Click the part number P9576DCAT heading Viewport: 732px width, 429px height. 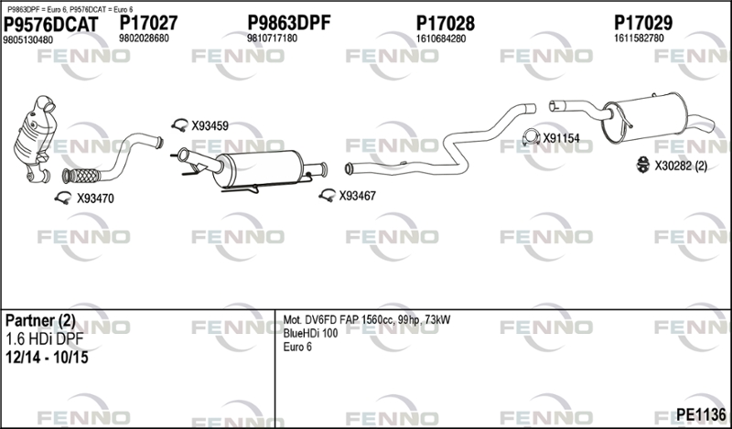[51, 25]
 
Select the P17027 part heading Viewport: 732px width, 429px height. [148, 23]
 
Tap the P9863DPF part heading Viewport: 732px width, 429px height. [288, 22]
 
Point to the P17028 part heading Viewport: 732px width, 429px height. [446, 24]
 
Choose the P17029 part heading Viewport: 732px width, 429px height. [643, 22]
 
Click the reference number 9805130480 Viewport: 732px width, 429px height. [28, 40]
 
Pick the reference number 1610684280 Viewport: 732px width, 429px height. [441, 38]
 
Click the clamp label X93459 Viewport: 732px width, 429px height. [210, 126]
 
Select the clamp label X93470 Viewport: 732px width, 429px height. [95, 198]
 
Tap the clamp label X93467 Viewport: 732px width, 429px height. [357, 196]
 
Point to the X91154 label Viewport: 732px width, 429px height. [561, 138]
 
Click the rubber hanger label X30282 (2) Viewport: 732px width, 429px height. [681, 166]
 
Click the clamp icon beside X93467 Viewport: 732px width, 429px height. [328, 195]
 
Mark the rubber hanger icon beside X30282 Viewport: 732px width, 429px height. [643, 165]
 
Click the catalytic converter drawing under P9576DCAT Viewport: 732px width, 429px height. [36, 139]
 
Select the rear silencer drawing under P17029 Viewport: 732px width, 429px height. [644, 118]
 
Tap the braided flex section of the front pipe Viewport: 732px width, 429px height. [81, 176]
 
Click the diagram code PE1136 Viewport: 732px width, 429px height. [701, 414]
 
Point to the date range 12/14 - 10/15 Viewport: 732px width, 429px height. [47, 358]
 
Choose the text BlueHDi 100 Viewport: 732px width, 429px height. [310, 334]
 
